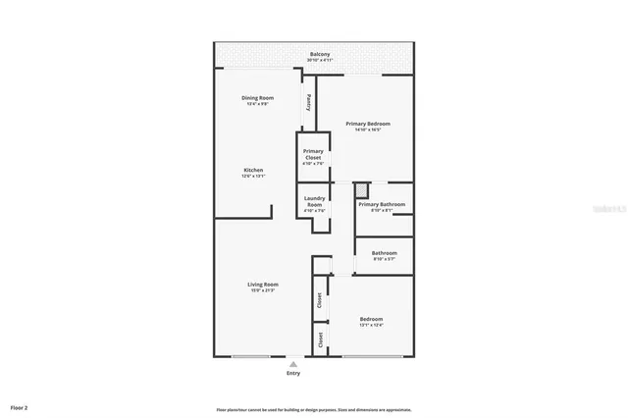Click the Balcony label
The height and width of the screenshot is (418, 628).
[320, 54]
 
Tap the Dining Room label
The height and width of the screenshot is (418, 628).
[257, 97]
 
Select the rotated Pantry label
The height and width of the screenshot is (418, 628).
[309, 102]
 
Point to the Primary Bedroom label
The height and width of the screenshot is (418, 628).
[368, 123]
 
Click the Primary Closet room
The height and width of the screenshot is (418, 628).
[313, 157]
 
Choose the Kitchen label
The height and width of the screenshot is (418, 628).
[253, 170]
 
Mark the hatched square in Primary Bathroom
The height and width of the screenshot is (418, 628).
[363, 190]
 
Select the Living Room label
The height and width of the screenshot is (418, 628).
[263, 284]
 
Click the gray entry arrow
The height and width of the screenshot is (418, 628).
[292, 363]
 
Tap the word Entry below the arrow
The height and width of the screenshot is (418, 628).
[292, 373]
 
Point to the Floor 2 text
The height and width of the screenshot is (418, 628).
[20, 406]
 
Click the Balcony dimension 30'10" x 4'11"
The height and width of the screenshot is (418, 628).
[320, 61]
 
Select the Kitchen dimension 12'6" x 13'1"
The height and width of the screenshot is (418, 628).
[253, 177]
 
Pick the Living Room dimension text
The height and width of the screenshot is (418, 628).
[263, 290]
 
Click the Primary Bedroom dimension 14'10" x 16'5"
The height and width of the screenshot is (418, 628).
[368, 130]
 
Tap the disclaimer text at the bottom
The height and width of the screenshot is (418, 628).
[314, 409]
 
